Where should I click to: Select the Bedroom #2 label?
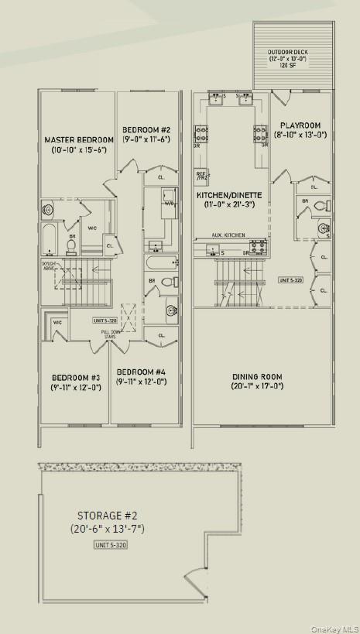pyautogui.click(x=146, y=129)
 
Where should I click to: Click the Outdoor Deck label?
pyautogui.click(x=288, y=53)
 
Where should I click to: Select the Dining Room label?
pyautogui.click(x=257, y=377)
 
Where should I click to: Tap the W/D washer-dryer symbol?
pyautogui.click(x=168, y=204)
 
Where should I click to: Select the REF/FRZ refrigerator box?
pyautogui.click(x=201, y=176)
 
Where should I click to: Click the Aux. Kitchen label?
pyautogui.click(x=230, y=235)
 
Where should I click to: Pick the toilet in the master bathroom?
pyautogui.click(x=71, y=246)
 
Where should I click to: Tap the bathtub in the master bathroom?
pyautogui.click(x=48, y=241)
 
